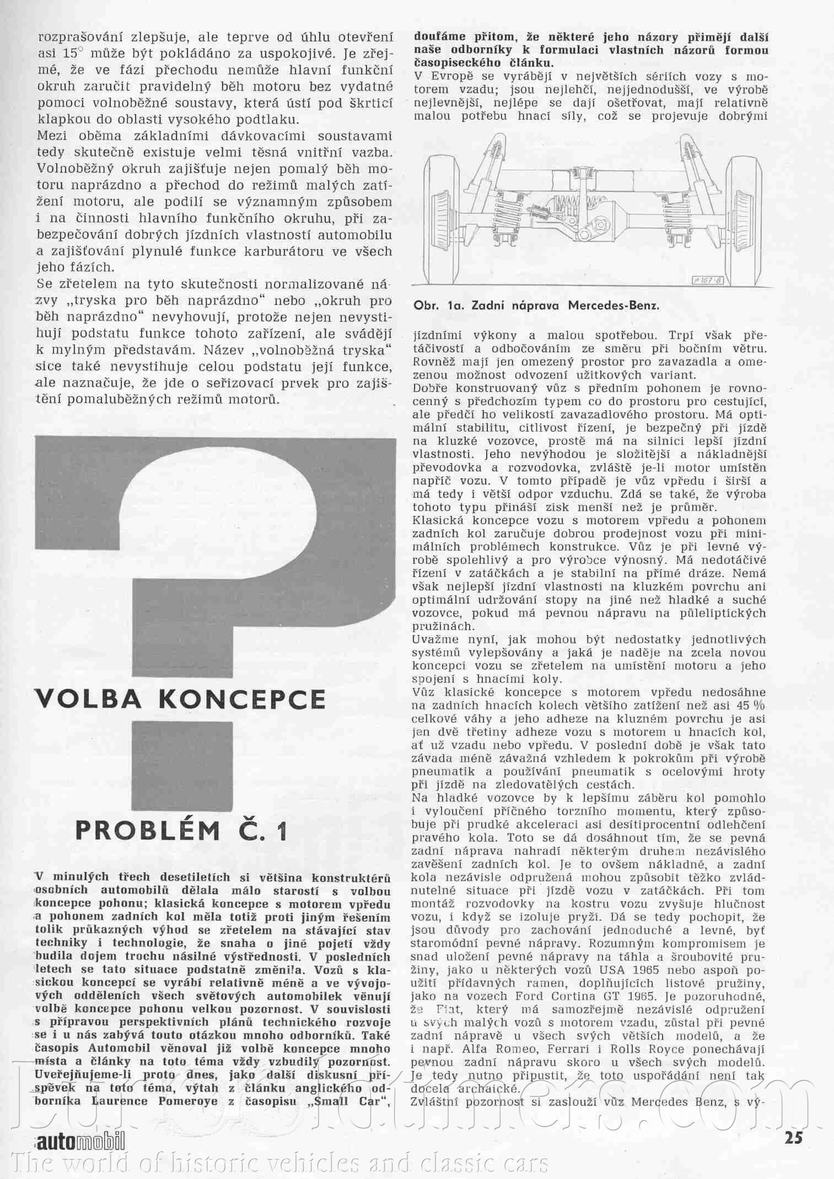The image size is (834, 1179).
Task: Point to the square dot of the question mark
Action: click(x=182, y=766)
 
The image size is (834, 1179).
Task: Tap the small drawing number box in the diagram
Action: click(x=708, y=281)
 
